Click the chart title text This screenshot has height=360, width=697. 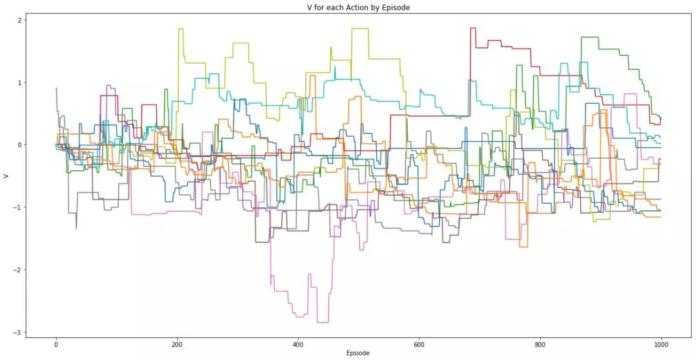pos(358,8)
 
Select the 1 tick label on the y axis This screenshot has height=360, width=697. pos(19,83)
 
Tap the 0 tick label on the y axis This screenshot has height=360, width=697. pos(19,145)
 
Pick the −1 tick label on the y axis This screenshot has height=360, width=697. pos(17,207)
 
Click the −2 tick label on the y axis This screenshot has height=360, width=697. pos(17,270)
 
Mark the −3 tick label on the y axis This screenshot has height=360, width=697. pos(17,332)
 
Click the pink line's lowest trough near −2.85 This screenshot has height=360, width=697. pos(323,322)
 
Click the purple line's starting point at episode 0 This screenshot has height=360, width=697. pos(56,88)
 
